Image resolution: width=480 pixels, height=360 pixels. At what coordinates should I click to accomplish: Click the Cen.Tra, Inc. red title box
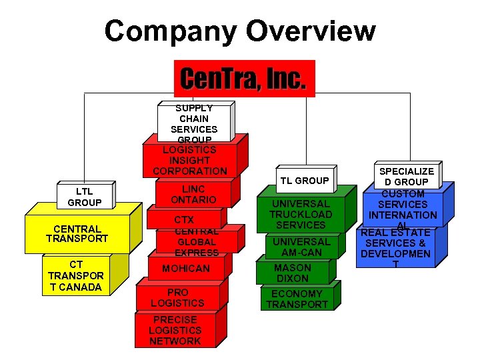(243, 79)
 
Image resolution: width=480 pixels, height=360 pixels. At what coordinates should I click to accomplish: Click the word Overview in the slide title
(311, 31)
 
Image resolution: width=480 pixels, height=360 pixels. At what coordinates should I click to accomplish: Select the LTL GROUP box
(85, 197)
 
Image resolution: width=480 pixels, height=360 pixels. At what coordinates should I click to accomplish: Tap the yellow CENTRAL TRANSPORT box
(77, 234)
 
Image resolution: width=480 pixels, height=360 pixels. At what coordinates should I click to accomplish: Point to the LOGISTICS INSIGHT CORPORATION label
(190, 161)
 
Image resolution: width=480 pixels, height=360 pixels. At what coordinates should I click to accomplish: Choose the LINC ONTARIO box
(193, 195)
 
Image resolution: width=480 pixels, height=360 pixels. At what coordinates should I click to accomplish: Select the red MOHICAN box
(186, 268)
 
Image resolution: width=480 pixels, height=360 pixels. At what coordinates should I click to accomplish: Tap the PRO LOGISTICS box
(177, 297)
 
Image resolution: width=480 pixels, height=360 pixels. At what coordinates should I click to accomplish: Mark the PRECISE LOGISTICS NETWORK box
(175, 331)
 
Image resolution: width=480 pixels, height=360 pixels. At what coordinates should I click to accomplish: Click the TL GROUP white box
(304, 181)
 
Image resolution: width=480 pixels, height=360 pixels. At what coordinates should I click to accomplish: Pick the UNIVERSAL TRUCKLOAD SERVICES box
(300, 215)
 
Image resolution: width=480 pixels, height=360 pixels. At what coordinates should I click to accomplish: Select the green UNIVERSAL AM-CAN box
(301, 247)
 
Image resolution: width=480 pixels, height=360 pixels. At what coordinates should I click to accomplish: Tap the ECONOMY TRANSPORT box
(297, 299)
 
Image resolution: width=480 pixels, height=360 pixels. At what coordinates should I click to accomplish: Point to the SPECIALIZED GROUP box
(406, 176)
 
